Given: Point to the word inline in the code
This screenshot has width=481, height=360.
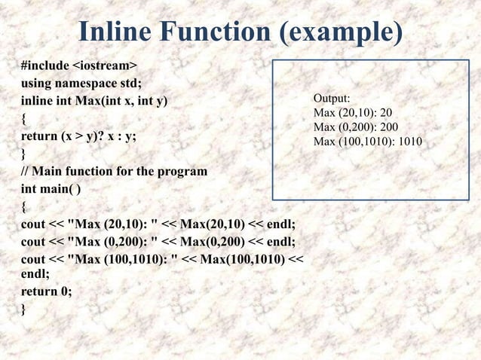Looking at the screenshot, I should [37, 101].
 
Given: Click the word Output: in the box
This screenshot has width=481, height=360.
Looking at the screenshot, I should [331, 99].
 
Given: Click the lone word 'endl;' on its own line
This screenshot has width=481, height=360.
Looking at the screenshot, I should [35, 275].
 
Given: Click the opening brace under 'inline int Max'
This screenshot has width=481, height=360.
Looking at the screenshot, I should [24, 119].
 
